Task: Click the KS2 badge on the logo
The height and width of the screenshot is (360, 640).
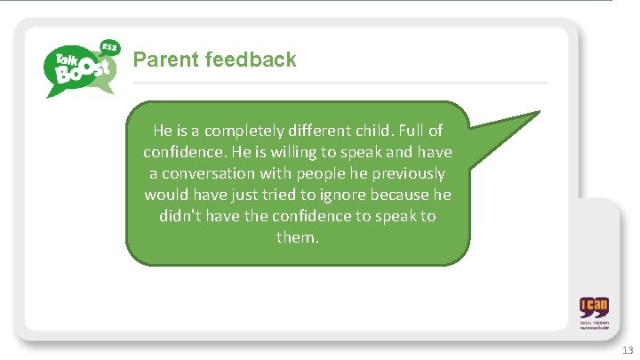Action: [x=109, y=44]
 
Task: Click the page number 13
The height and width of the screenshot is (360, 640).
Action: [x=627, y=349]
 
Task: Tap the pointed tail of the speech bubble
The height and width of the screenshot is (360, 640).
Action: [x=524, y=124]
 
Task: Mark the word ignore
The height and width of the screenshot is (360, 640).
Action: [x=355, y=195]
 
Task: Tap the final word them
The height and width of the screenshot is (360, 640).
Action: [x=297, y=237]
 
